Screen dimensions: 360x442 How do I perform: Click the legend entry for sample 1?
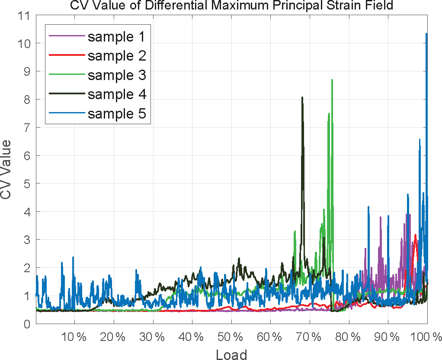(x=116, y=37)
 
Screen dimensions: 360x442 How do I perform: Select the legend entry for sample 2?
(x=116, y=56)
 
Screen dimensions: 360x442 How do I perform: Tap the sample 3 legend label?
(x=116, y=75)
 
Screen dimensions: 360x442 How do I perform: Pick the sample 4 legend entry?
(x=116, y=94)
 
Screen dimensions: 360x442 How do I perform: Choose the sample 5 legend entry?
(x=116, y=113)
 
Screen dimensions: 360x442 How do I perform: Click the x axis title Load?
(x=231, y=354)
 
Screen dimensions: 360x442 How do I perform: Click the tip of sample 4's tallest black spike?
(x=302, y=97)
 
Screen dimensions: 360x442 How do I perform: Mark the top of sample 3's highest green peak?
(x=332, y=80)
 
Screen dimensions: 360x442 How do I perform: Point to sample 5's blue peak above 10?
(x=426, y=34)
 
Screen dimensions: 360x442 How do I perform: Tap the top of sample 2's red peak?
(x=416, y=235)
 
